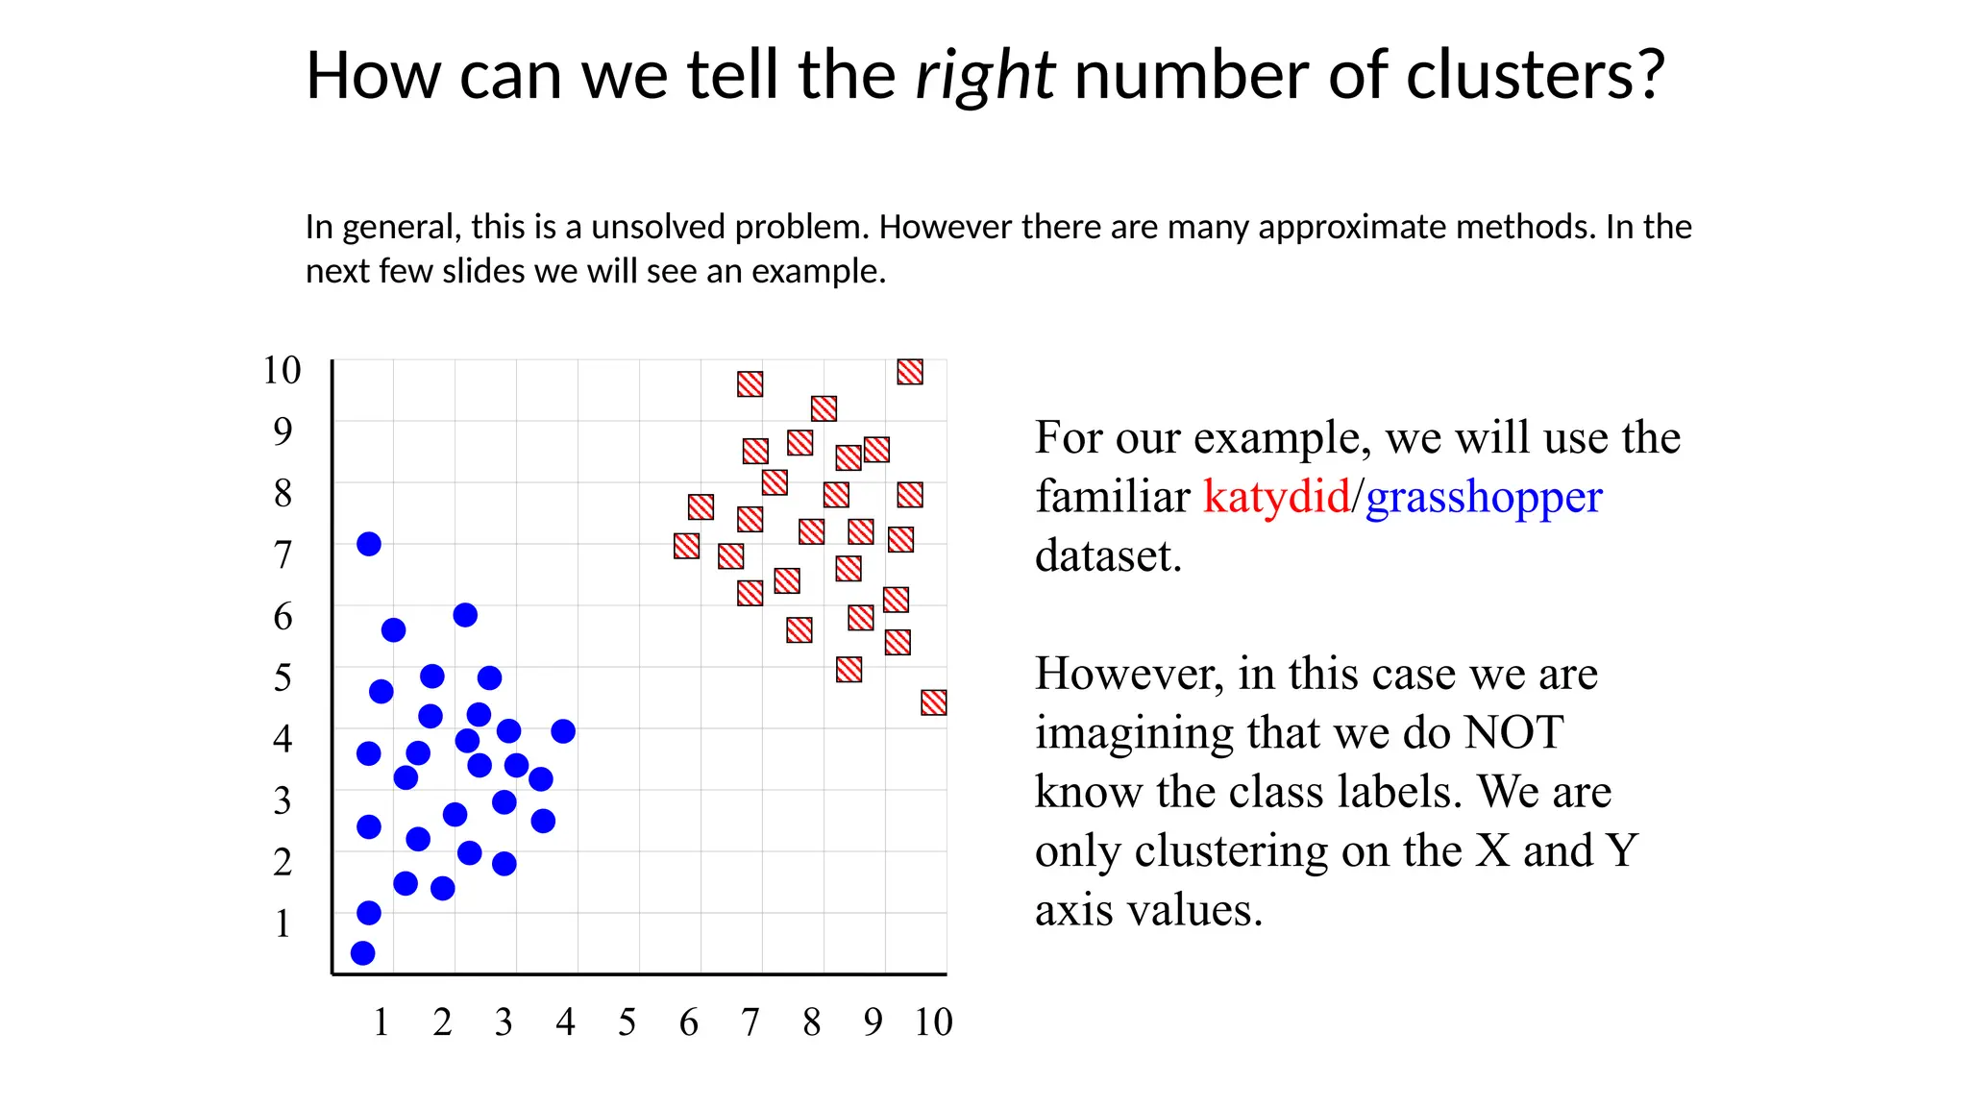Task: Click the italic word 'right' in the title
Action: click(985, 76)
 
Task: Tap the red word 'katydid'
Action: click(1276, 497)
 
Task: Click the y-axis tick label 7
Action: click(282, 554)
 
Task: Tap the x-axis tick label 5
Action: click(627, 1022)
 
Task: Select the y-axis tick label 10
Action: click(282, 370)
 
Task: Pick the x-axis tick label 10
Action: click(932, 1022)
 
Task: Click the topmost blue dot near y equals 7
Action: click(369, 544)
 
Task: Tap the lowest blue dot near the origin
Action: click(362, 953)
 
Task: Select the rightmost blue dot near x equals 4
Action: click(563, 731)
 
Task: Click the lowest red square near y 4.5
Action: click(933, 702)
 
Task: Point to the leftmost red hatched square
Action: click(686, 546)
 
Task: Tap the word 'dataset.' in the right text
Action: click(1108, 556)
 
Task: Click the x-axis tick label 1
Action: click(381, 1022)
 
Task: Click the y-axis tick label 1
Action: click(282, 923)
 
